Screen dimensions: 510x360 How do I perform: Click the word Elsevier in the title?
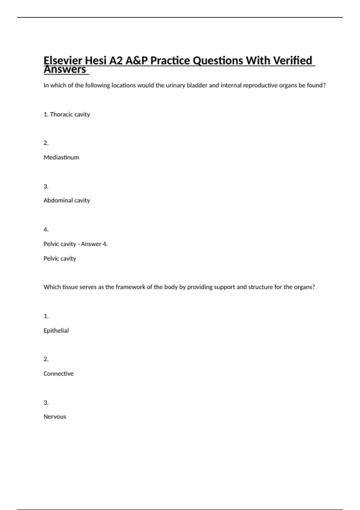click(x=63, y=61)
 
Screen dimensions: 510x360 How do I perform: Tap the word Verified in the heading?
click(x=294, y=61)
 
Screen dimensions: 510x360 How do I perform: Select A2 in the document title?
click(x=116, y=61)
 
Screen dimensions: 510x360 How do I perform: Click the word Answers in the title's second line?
click(x=65, y=70)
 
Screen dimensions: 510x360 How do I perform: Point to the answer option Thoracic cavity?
click(x=70, y=114)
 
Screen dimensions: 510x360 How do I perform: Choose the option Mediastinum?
click(x=61, y=157)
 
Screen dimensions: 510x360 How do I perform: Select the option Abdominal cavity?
click(x=67, y=200)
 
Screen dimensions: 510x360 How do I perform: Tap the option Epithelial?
click(x=56, y=331)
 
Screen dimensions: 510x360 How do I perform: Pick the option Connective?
click(x=58, y=374)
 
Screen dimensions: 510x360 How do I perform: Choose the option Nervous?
click(x=55, y=417)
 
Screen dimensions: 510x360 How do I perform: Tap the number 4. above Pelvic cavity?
click(x=46, y=229)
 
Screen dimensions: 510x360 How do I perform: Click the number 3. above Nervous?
click(x=46, y=403)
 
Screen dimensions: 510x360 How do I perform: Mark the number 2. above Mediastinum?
click(x=46, y=143)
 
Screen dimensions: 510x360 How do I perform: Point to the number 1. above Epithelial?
click(x=46, y=316)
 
